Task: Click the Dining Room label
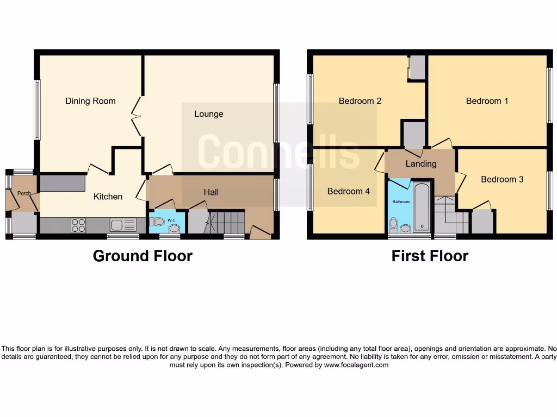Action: (90, 101)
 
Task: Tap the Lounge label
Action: (209, 114)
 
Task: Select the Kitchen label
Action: (108, 197)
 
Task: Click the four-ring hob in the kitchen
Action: (78, 225)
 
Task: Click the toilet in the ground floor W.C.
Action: (159, 222)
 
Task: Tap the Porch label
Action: (23, 193)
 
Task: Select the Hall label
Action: (211, 192)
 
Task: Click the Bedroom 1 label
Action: (487, 101)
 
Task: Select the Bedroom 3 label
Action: (502, 179)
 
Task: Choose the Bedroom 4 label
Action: (348, 191)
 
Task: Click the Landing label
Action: (421, 163)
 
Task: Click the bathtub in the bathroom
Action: (422, 208)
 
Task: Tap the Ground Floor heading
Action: (143, 256)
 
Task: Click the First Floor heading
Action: (430, 256)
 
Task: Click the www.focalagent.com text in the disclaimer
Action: (356, 365)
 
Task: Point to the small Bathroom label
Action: (402, 201)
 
